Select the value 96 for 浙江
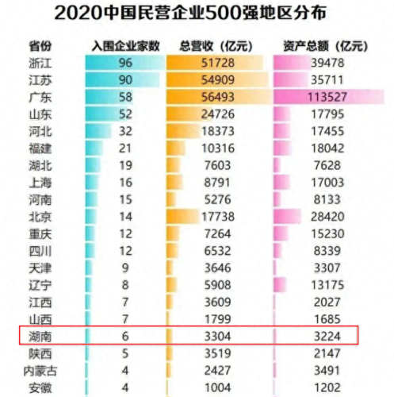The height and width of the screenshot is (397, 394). pos(124,63)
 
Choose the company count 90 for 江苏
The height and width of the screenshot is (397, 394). pos(124,79)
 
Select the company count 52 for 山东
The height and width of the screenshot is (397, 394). pos(124,114)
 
